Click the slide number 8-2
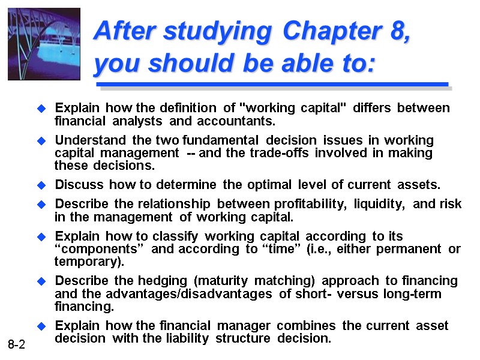point(16,344)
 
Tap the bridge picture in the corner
point(44,44)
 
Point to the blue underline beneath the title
point(272,85)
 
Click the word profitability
point(307,204)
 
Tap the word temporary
point(89,262)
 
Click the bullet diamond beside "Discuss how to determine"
point(41,185)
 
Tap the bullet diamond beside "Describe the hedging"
point(41,281)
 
